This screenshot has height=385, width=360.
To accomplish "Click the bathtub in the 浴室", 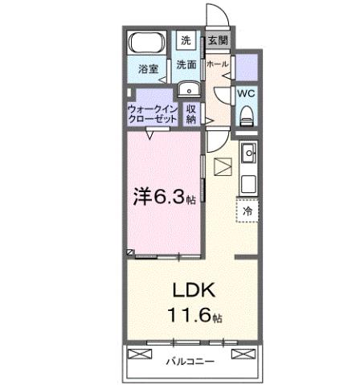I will [x=147, y=43].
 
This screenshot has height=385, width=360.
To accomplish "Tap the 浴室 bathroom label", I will [x=147, y=68].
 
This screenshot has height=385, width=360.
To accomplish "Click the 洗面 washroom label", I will [x=186, y=64].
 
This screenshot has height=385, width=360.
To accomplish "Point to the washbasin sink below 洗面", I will [x=186, y=89].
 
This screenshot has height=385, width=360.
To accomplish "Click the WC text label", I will [x=246, y=93].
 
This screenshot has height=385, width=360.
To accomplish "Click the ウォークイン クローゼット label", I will [x=153, y=113].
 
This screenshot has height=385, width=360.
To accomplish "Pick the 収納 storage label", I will [x=191, y=113].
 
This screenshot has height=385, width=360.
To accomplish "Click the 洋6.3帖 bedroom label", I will [x=163, y=195].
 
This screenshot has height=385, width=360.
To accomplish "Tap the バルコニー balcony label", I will [x=190, y=362].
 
